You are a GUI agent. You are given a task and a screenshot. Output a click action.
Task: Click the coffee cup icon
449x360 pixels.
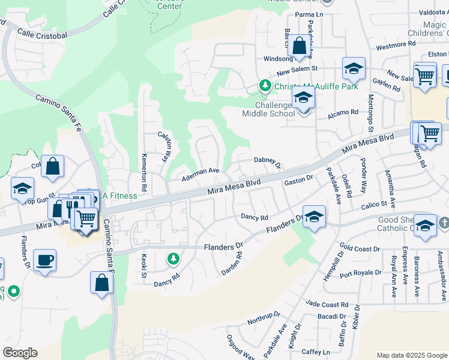(44, 261)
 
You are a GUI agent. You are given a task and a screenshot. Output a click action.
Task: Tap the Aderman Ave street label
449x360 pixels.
(201, 171)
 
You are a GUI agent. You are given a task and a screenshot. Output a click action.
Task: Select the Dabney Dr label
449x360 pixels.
(267, 161)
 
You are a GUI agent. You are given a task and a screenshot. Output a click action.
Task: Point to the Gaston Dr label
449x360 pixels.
(298, 180)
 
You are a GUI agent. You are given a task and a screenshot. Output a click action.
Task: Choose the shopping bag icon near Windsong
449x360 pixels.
(299, 46)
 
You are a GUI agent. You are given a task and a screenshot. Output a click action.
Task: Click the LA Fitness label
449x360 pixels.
(118, 196)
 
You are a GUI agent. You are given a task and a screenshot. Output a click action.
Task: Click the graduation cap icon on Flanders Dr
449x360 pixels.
(314, 217)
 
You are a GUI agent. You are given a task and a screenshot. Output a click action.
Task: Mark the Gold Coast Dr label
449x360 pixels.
(360, 248)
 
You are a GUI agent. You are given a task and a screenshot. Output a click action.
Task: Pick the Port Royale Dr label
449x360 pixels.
(360, 273)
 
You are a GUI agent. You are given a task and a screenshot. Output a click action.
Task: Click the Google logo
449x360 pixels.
(20, 353)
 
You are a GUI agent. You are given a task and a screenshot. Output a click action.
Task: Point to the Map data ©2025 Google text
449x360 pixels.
(412, 355)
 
